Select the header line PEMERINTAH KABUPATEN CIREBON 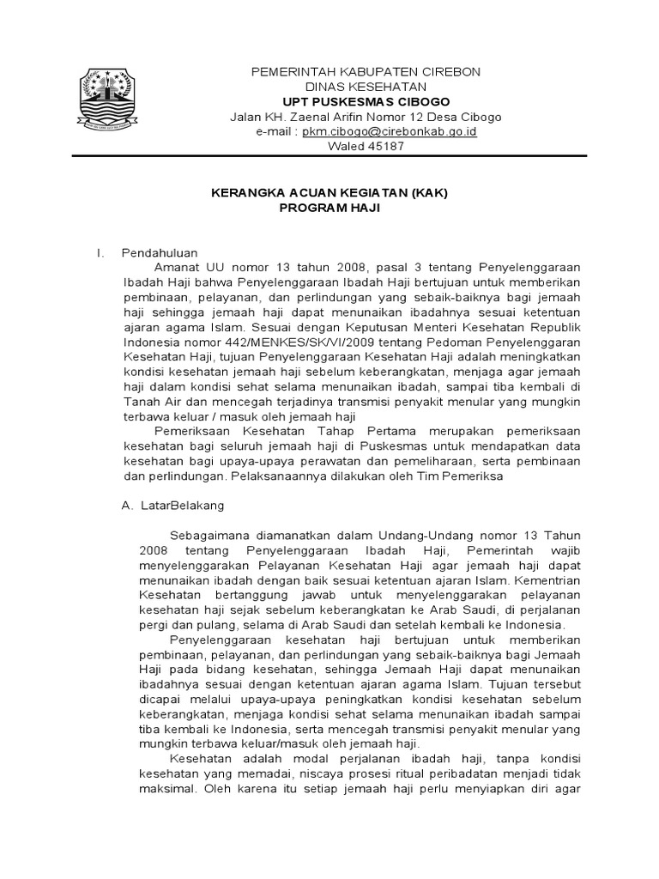coord(366,70)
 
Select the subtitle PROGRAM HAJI coord(330,208)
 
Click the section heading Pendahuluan coord(160,252)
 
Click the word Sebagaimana coord(209,536)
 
